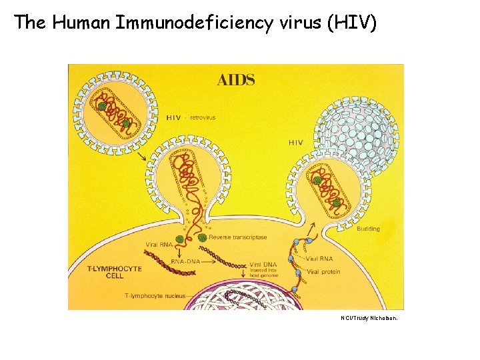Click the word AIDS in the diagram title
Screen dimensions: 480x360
click(235, 80)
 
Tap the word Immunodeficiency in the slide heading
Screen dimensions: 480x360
click(193, 23)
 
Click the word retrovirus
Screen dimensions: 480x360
click(203, 117)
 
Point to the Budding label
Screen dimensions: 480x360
click(368, 229)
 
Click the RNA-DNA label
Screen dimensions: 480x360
click(186, 261)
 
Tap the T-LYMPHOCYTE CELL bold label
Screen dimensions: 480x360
click(115, 272)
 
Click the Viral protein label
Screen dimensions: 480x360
click(323, 272)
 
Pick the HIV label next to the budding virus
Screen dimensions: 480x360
click(295, 142)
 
